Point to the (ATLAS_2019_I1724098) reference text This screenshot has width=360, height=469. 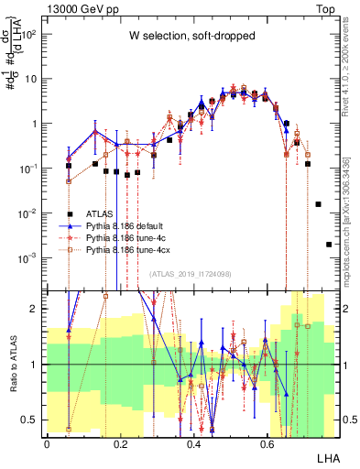(190, 274)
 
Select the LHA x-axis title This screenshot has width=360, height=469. (326, 455)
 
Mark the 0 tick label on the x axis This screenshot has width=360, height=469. (47, 443)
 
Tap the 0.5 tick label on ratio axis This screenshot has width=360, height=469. (29, 420)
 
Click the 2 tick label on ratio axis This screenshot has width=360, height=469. (35, 309)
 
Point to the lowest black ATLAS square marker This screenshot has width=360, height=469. (329, 244)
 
